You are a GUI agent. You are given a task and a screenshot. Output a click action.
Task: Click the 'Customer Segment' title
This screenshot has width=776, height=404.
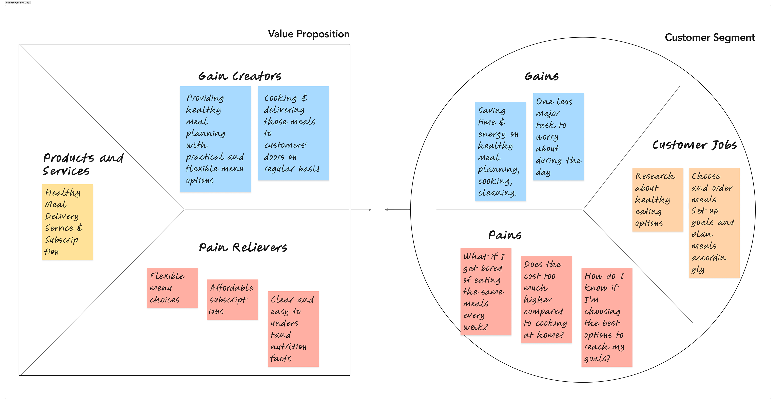coord(710,38)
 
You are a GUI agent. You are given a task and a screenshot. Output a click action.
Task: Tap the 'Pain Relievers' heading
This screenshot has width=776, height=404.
coord(243,247)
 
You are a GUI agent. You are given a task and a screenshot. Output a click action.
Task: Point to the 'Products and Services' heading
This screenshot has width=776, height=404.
coord(83,164)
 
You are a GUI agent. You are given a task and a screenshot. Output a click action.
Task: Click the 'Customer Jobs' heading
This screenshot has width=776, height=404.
coord(694,145)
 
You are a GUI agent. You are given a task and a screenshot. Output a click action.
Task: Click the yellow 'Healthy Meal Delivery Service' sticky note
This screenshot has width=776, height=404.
coord(67,222)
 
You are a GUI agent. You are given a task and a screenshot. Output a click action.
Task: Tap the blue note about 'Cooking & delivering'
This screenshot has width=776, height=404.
coord(293,133)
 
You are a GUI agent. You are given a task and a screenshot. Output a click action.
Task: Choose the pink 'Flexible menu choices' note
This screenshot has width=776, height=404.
coord(172,288)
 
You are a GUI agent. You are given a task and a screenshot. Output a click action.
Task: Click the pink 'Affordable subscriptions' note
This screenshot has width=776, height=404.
coord(233,299)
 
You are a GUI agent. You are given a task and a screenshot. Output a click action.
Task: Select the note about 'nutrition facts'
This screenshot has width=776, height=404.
coord(293,329)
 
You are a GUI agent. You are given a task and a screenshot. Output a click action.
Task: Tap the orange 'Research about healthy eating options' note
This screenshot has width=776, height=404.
coord(657,200)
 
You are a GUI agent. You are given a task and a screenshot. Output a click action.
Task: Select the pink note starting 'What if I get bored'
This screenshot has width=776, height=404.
coord(486,292)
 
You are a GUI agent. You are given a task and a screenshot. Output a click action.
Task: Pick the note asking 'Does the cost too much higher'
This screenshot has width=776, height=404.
coord(546,299)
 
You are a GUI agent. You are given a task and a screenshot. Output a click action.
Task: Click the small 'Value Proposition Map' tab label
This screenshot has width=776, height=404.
coord(18,3)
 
